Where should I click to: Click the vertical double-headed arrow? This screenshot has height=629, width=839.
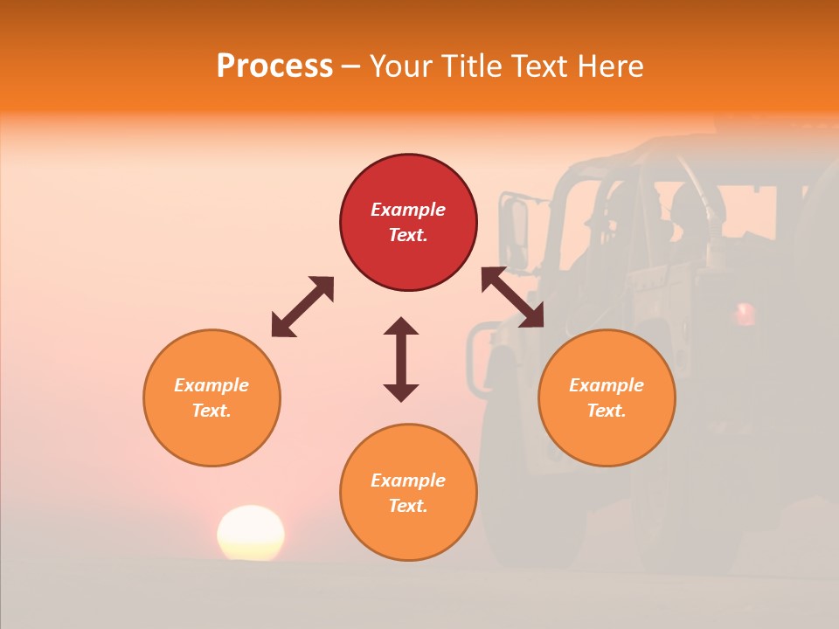coord(401,359)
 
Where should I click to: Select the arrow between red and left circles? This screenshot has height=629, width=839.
coord(302,307)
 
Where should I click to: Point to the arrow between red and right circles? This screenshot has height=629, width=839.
coord(512,297)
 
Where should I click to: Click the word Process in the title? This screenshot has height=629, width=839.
coord(274,66)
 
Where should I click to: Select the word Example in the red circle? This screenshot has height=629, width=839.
coord(408,210)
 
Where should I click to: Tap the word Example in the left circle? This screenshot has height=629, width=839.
coord(211,385)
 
